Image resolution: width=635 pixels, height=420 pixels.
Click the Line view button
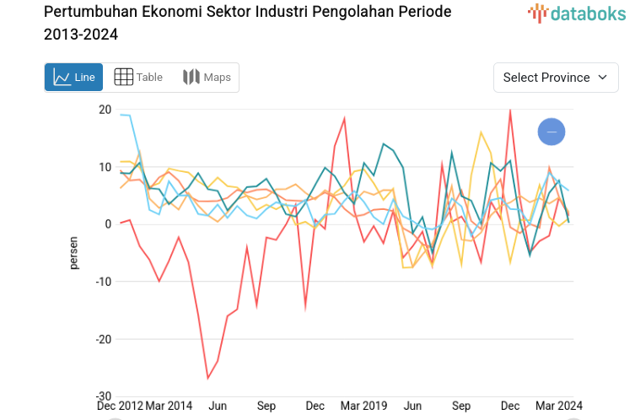[73, 78]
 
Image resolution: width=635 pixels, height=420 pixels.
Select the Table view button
[138, 78]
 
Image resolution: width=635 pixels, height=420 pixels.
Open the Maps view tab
[207, 78]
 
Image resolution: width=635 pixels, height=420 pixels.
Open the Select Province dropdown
[555, 78]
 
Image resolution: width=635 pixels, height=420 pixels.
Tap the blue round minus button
[552, 132]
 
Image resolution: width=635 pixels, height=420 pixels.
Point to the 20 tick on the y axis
[105, 110]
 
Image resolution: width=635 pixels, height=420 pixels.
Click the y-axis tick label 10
[105, 167]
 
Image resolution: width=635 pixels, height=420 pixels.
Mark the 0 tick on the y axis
[108, 224]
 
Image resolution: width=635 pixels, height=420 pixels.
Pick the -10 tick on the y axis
[103, 282]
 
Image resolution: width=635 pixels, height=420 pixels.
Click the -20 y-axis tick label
[103, 339]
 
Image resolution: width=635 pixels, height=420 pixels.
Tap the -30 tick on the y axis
[103, 396]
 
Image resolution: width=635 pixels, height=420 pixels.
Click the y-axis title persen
[73, 253]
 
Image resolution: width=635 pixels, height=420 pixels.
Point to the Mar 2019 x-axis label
[363, 406]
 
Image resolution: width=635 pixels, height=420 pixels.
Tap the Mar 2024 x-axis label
[558, 406]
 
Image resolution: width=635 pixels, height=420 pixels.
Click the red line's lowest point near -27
[208, 378]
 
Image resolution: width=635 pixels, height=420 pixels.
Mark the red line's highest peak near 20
[509, 110]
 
